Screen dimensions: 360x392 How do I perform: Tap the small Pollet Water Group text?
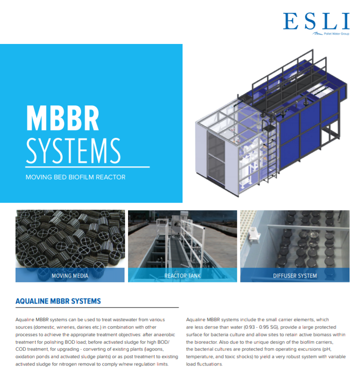[336, 34]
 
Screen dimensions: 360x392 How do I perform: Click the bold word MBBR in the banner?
[62, 118]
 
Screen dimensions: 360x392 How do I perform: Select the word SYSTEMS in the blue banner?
[73, 151]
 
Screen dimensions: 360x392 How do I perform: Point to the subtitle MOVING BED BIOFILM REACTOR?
[75, 177]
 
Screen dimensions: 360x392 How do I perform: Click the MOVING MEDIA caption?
[70, 276]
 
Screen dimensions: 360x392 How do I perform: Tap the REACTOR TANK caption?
[182, 276]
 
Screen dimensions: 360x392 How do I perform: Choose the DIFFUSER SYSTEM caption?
[295, 276]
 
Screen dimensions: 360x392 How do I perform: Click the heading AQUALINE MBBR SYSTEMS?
[58, 301]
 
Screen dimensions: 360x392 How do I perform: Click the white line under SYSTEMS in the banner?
[87, 167]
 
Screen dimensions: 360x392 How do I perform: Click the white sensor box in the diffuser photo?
[253, 235]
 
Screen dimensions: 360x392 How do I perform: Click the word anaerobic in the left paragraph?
[164, 335]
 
